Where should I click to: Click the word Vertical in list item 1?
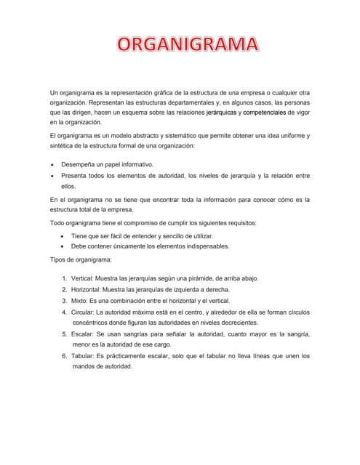pos(84,278)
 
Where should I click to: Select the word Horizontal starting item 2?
pos(89,289)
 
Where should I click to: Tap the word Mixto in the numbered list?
pos(82,300)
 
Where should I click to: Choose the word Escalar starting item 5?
pos(85,333)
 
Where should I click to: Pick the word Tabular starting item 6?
pos(85,356)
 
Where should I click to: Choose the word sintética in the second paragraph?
pos(63,146)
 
